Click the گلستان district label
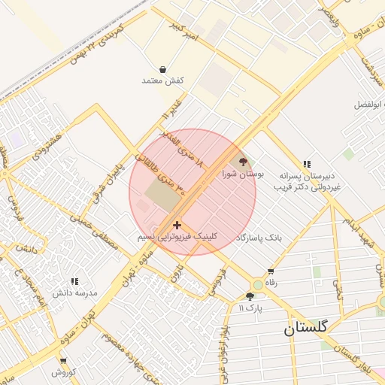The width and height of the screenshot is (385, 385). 306,328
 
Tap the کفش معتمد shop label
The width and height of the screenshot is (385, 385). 163,80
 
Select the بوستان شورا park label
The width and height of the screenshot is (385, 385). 244,173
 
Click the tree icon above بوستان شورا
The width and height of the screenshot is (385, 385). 242,160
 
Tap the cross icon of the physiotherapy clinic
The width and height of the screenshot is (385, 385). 177,224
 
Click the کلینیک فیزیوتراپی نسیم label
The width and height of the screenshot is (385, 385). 177,236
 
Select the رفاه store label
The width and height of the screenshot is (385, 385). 271,283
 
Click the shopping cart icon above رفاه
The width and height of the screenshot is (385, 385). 270,271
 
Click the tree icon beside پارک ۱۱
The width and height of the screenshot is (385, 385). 250,296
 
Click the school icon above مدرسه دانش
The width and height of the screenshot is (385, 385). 74,280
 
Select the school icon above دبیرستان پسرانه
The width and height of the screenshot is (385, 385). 307,163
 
